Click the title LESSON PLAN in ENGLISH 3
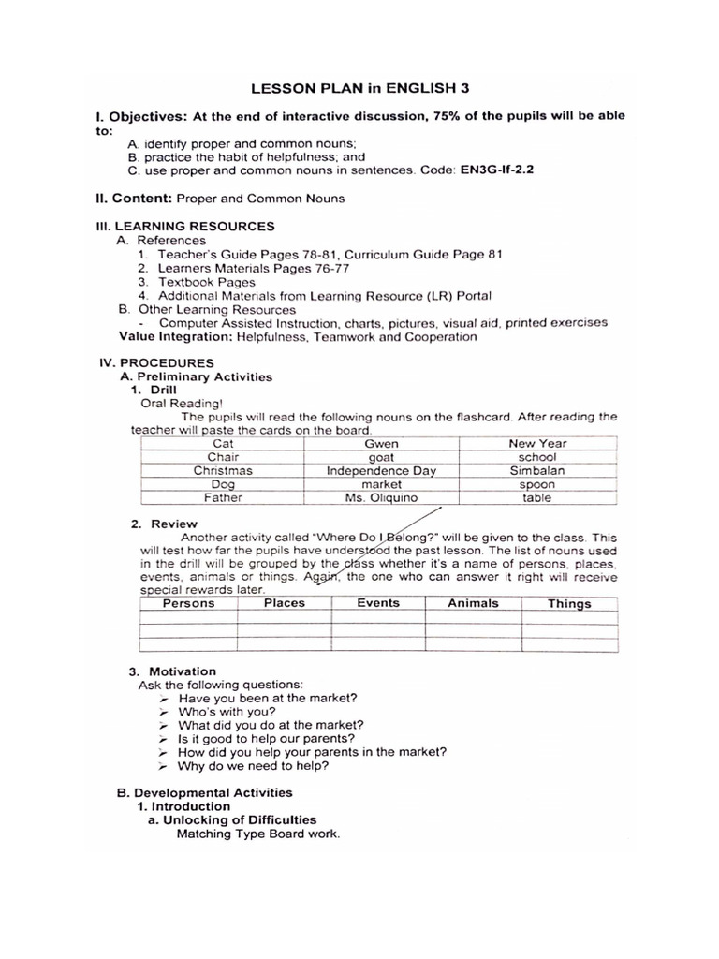tap(359, 88)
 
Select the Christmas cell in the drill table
tap(223, 470)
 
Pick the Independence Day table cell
tap(381, 470)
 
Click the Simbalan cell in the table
tap(536, 470)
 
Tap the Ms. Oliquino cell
tap(381, 498)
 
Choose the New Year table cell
tap(536, 443)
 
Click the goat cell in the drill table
tap(381, 457)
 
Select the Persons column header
tap(188, 603)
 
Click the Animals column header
tap(473, 603)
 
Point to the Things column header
tap(569, 604)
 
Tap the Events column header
tap(378, 603)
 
